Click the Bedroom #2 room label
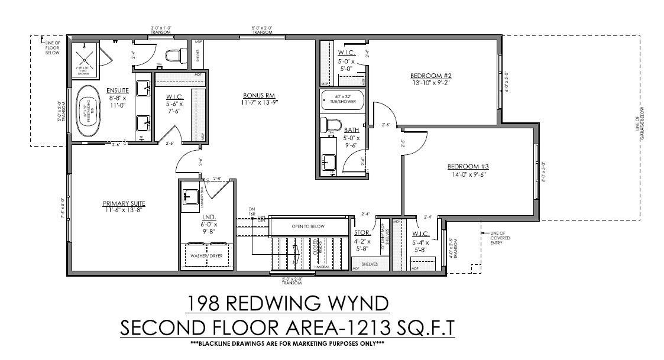[x=431, y=76]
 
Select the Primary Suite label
[x=123, y=203]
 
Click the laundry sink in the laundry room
[x=190, y=197]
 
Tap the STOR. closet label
[x=362, y=233]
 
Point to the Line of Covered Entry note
[x=499, y=237]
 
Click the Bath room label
[x=352, y=129]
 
